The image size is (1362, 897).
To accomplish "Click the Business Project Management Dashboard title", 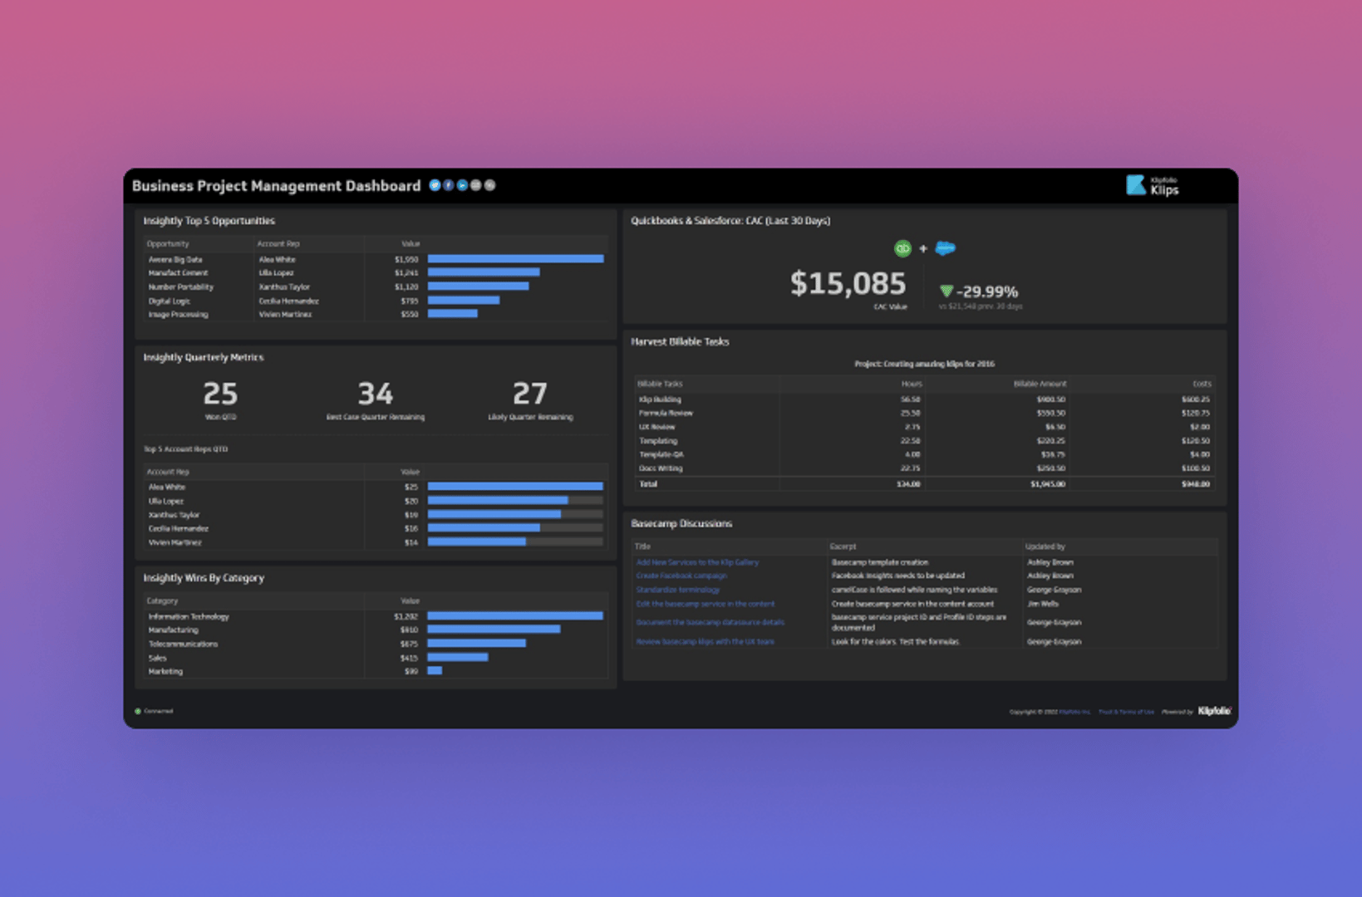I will coord(276,186).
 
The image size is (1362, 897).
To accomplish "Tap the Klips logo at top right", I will coord(1153,185).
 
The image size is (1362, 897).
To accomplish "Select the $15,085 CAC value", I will coord(848,283).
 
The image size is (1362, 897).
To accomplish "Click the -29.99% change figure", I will coord(986,292).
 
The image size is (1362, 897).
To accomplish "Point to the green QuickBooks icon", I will coord(902,248).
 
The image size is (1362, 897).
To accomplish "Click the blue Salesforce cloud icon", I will coord(945,248).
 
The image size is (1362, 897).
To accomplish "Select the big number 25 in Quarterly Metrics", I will coord(220,394).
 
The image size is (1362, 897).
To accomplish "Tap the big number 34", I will coord(375,394).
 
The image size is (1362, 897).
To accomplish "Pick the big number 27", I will coord(529,394).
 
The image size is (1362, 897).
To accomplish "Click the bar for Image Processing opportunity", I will coord(452,314).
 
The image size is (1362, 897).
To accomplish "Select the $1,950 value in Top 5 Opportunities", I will coord(406,259).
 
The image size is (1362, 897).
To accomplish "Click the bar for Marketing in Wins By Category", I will coord(435,671).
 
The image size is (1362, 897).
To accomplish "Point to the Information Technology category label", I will coord(189,616).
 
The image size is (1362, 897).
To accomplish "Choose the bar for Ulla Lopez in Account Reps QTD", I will coord(497,501).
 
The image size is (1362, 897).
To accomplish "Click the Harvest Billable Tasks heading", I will coord(680,341).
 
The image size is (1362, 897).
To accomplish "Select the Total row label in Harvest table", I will coord(648,483).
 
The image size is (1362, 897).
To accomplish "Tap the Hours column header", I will coord(911,384).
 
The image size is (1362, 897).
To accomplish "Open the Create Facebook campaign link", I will coord(681,576).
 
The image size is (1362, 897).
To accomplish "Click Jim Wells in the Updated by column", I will coord(1042,604).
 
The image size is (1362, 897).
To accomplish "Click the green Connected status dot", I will coord(138,711).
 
